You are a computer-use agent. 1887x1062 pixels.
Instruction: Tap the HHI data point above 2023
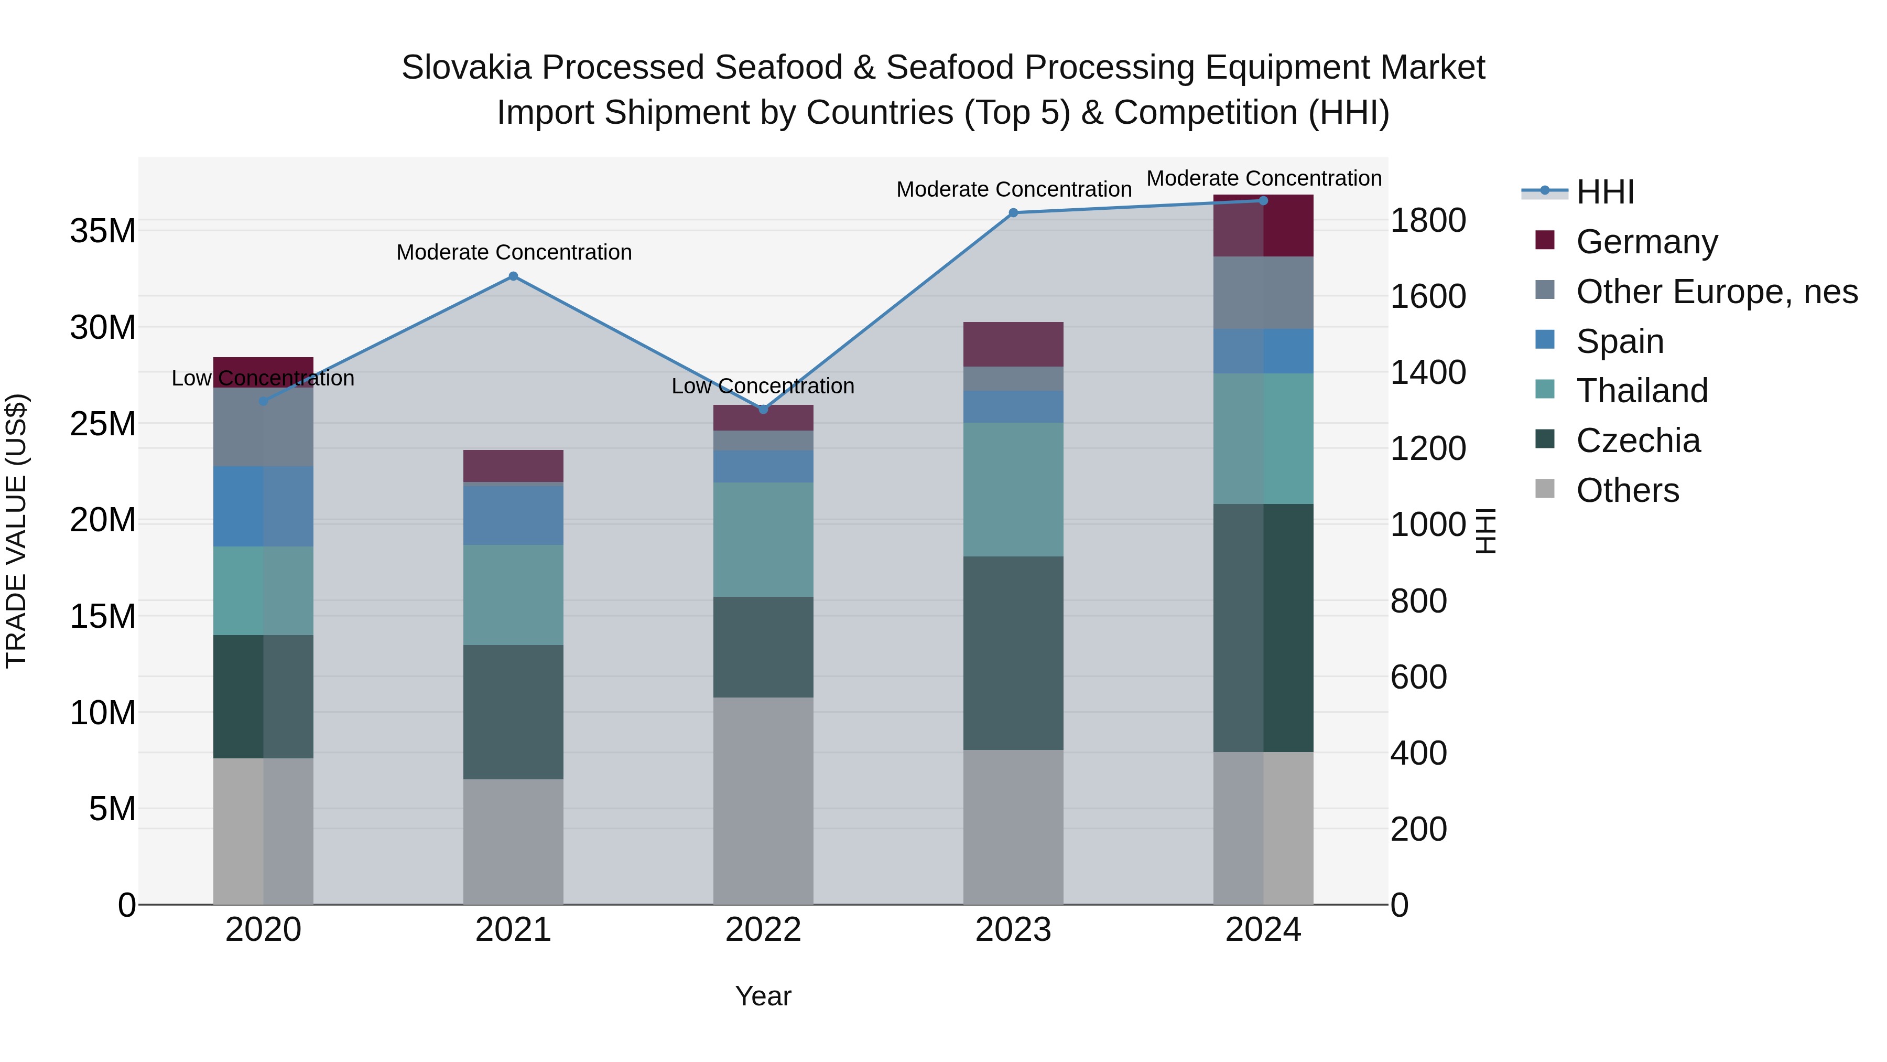click(1013, 212)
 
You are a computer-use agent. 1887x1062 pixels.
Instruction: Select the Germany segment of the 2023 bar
click(1013, 344)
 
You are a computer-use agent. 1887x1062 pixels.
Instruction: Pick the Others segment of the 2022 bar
click(763, 800)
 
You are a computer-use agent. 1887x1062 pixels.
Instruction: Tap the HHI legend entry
click(1604, 192)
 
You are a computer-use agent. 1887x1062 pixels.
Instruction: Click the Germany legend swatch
click(1545, 240)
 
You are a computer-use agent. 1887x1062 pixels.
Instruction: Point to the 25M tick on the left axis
click(103, 424)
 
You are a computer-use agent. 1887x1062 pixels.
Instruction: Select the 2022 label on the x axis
click(763, 930)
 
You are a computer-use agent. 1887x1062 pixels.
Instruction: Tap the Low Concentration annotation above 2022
click(763, 385)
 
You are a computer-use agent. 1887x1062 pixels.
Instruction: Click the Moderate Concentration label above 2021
click(514, 252)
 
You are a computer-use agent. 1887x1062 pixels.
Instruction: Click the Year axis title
click(763, 996)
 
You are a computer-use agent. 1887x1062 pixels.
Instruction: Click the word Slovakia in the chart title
click(466, 68)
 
